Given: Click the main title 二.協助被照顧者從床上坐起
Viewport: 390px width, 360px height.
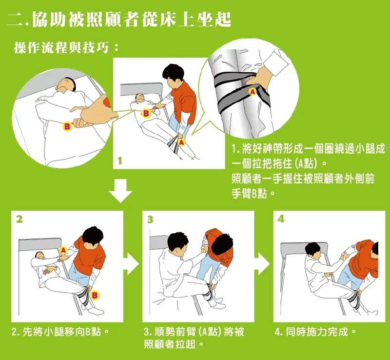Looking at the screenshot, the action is point(119,19).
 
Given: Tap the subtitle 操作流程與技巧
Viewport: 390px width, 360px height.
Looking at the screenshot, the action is point(66,47).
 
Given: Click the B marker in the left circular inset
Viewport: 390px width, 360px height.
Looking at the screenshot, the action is point(67,126).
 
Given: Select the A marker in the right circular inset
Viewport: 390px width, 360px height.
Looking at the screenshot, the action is point(253,92).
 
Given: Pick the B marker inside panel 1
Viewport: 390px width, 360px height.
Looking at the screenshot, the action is point(146,114).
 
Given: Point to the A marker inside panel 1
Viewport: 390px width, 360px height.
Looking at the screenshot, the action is point(182,142).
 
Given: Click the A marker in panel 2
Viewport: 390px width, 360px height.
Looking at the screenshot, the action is point(64,250).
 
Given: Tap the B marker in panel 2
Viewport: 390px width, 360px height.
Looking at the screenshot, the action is point(95,295).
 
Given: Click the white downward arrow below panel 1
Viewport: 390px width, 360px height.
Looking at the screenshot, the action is point(120,190).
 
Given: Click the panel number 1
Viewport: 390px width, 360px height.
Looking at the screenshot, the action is point(120,161).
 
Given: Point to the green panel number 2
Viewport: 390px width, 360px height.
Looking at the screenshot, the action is point(19,219).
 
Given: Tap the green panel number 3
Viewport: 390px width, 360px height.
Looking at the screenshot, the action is point(150,220).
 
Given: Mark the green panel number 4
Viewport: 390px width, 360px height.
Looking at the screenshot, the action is point(281,219).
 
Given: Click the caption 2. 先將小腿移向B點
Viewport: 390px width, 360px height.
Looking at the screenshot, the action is point(60,332).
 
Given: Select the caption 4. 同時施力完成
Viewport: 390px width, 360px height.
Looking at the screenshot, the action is point(315,332).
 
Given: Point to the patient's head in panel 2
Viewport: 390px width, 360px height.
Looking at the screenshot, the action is point(39,255).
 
